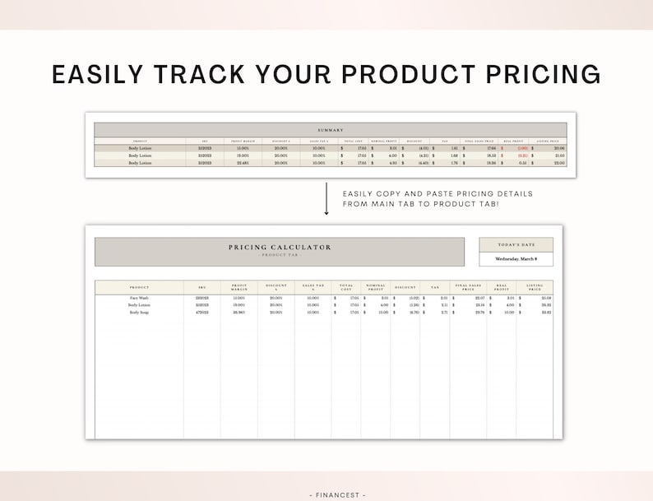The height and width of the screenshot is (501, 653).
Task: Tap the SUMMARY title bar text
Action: coord(331,130)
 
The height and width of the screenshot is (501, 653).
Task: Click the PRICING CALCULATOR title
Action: coord(280,247)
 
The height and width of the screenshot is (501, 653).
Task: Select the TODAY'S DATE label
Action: coord(516,244)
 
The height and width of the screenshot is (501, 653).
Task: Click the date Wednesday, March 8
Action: coord(516,259)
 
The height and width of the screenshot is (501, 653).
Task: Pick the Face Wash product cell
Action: coord(139,298)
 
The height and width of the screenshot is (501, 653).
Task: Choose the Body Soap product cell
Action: coord(139,313)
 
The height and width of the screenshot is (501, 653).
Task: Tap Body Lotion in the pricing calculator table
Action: coord(139,305)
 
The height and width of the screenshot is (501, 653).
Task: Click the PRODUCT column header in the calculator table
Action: coord(139,287)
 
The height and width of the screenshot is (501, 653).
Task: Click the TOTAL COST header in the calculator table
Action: coord(346,288)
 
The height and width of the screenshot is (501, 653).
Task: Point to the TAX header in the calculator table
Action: coord(434,287)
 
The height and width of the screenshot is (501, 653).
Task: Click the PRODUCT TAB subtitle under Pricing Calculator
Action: coord(280,254)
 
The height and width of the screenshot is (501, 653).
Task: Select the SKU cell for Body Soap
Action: coord(201,313)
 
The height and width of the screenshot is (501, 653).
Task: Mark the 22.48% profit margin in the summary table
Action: coord(242,163)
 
